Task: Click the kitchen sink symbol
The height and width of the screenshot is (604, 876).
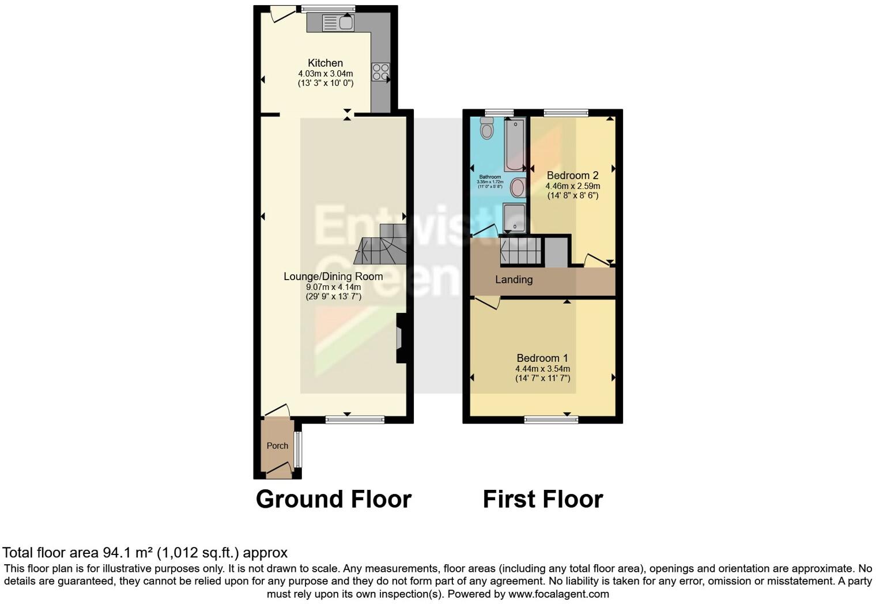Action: pos(338,23)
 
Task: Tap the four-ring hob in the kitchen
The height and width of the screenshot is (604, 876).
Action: pos(380,71)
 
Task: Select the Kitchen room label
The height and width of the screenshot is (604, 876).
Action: pos(325,63)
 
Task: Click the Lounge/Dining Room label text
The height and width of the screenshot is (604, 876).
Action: pos(333,277)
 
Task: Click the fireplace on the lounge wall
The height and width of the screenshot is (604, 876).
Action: pos(400,338)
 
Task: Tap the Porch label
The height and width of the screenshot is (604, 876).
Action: pos(277,446)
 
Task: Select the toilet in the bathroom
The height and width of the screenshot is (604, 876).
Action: pos(487,129)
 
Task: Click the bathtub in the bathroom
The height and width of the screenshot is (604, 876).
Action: pos(515,144)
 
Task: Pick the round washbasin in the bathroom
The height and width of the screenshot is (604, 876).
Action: pos(518,187)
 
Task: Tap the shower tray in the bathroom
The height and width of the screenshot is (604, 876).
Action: pos(514,217)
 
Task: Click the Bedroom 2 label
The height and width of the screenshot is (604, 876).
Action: pos(572,175)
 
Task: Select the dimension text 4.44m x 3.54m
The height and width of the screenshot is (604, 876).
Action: pos(542,369)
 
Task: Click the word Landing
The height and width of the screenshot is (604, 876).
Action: pos(513,280)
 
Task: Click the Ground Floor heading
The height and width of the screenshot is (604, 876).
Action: pos(333,499)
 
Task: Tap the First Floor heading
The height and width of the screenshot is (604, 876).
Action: pos(542,499)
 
